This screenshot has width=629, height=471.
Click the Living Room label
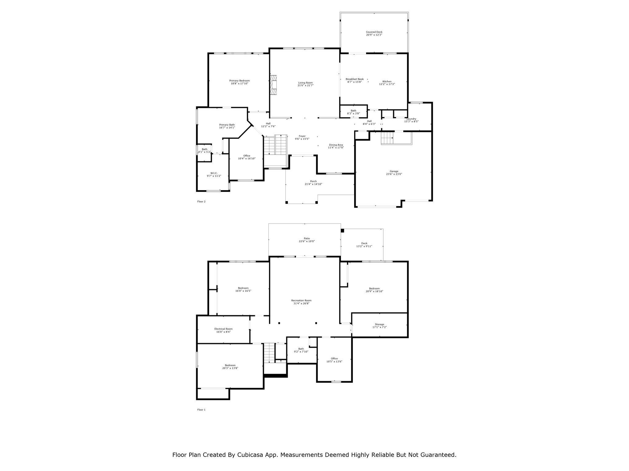(305, 82)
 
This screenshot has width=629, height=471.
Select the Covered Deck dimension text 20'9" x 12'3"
(374, 35)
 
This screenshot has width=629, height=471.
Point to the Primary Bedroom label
(239, 81)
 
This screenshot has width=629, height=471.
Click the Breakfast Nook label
(354, 79)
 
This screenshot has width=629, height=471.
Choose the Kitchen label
(387, 82)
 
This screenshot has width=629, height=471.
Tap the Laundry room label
(411, 119)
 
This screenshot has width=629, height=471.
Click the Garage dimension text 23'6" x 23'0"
(394, 174)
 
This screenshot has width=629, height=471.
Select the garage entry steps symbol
(387, 138)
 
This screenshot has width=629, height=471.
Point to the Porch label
(313, 181)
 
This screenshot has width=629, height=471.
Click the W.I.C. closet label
(214, 173)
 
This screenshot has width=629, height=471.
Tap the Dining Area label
(336, 145)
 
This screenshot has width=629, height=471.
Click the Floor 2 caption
(201, 201)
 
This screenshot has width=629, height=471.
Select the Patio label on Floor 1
(307, 238)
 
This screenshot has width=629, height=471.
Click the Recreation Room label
(301, 301)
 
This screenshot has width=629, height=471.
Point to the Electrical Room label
(223, 329)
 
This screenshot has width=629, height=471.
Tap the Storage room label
(379, 324)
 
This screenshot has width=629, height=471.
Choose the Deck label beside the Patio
(364, 243)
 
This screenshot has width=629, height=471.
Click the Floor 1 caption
(201, 410)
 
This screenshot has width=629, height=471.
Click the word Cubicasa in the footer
(249, 455)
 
